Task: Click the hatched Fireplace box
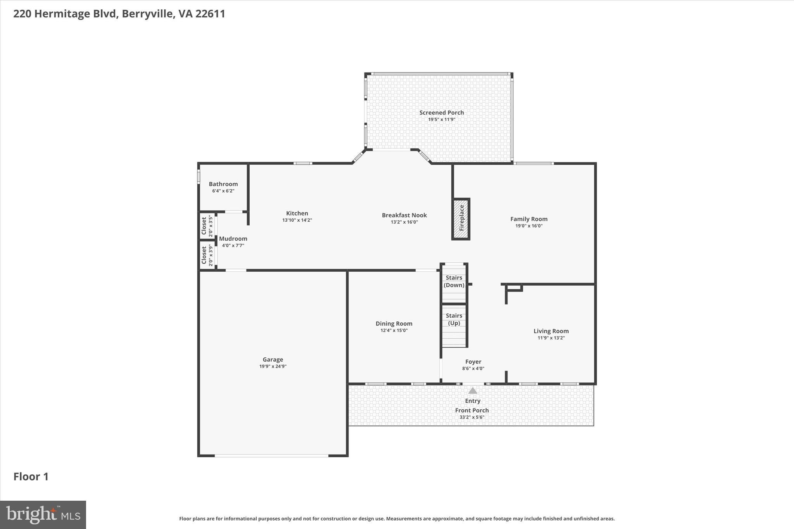(461, 219)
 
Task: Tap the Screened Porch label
(441, 113)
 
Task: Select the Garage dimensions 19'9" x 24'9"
(273, 366)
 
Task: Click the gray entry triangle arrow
(472, 391)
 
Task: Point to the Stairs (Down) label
(454, 281)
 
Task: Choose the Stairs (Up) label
(454, 319)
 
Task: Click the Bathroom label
(223, 184)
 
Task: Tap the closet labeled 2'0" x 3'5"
(207, 226)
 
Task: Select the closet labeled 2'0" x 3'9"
(207, 255)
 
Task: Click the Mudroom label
(233, 239)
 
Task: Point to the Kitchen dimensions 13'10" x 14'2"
(297, 220)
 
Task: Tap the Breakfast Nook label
(404, 215)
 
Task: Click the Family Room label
(528, 219)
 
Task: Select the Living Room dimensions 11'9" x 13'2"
(551, 338)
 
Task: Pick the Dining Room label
(394, 324)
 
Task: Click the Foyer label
(473, 362)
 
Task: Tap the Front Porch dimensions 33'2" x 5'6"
(471, 417)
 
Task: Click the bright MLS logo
(43, 515)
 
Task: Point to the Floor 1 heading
(31, 477)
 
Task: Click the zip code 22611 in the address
(210, 14)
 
